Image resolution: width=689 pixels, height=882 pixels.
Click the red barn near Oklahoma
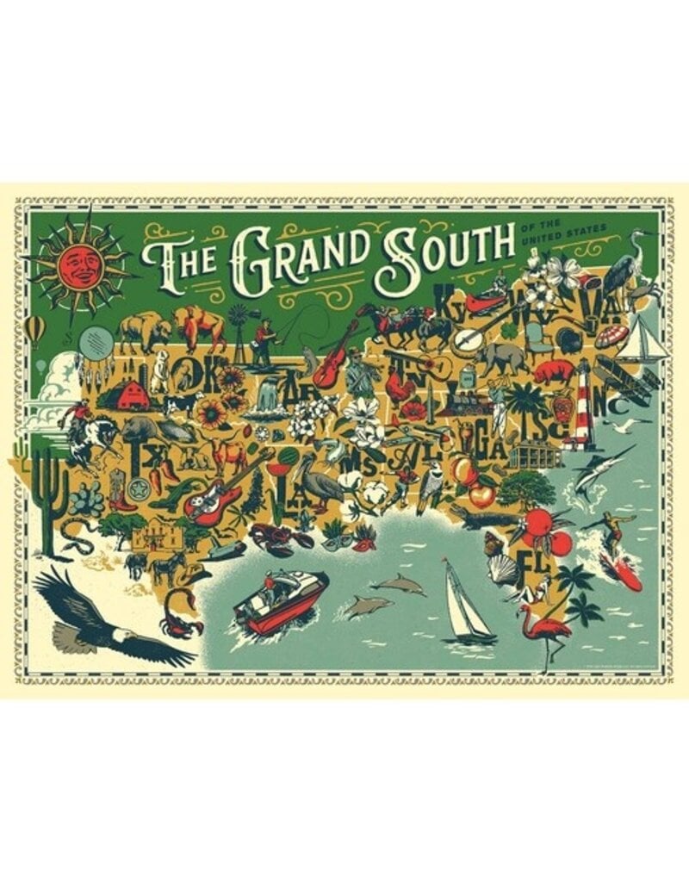(132, 396)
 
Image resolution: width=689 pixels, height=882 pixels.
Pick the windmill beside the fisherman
(238, 332)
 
